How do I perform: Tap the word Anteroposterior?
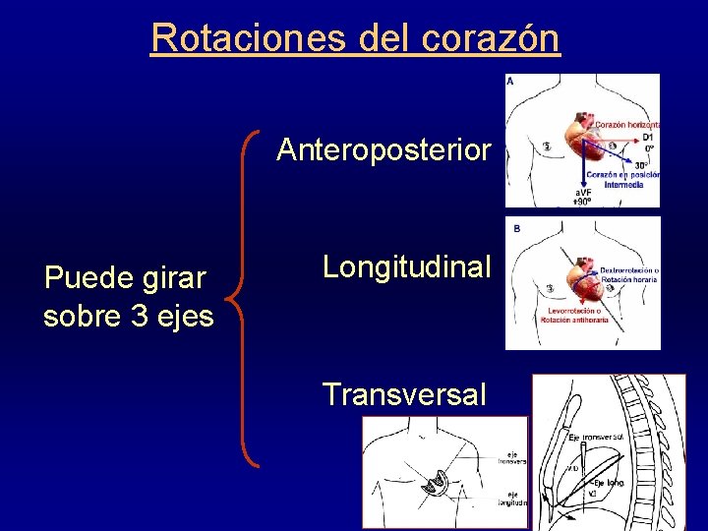[383, 150]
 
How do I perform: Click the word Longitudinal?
[406, 266]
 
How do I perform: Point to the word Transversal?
[404, 394]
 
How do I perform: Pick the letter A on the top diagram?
[510, 82]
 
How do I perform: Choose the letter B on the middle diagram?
[517, 228]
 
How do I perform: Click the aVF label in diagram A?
[584, 194]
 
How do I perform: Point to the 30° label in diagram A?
[641, 165]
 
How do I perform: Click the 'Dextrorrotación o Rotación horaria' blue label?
[629, 274]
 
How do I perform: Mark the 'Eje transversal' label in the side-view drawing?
[598, 437]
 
